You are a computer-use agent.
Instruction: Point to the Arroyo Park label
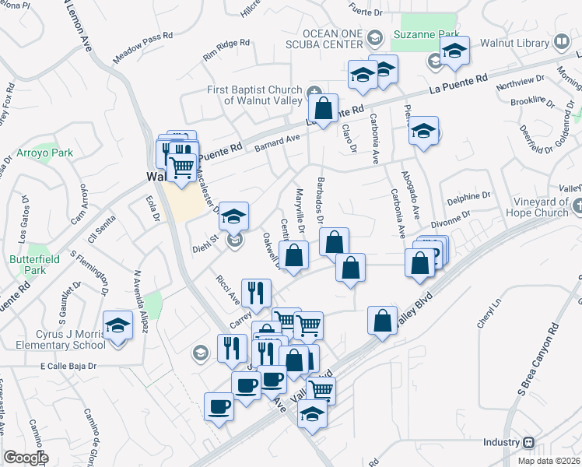pyautogui.click(x=47, y=153)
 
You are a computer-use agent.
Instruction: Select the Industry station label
pyautogui.click(x=500, y=442)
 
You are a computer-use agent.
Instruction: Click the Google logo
pyautogui.click(x=26, y=458)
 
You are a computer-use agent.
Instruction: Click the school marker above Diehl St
pyautogui.click(x=233, y=216)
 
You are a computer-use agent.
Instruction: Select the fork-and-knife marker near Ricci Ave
pyautogui.click(x=255, y=293)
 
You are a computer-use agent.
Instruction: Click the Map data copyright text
pyautogui.click(x=549, y=461)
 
